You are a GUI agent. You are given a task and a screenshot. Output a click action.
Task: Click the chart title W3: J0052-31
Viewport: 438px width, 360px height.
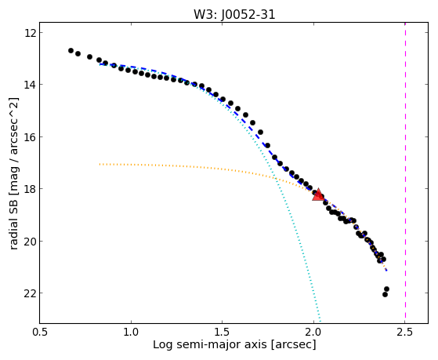[x=234, y=14]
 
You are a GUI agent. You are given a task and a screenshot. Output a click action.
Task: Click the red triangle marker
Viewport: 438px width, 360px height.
[x=318, y=195]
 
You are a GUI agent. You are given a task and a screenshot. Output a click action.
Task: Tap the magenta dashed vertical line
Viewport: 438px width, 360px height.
[x=405, y=173]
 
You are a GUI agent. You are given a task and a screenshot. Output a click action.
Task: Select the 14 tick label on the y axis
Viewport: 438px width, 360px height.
[x=29, y=85]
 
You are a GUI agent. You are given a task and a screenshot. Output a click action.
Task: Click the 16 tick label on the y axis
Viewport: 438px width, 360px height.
[x=29, y=137]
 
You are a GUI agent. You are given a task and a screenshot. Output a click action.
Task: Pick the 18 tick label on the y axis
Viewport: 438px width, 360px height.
[x=29, y=189]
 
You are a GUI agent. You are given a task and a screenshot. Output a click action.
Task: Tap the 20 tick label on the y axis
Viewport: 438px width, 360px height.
[x=29, y=241]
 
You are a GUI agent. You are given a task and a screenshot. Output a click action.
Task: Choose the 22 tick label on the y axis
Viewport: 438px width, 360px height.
[x=29, y=293]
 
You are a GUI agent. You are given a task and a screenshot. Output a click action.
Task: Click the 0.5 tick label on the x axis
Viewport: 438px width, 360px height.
[x=40, y=332]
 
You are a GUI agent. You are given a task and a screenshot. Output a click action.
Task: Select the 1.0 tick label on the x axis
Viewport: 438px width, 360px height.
[x=131, y=332]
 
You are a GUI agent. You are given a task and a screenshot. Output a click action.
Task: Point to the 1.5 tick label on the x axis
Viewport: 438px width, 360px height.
[x=222, y=332]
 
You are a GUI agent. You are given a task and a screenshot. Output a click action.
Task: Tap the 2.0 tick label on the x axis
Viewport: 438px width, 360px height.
[x=313, y=332]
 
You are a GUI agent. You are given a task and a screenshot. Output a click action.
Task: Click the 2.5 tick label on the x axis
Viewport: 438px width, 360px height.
[x=405, y=332]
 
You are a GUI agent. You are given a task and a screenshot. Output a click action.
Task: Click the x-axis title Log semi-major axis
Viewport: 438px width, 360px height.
[x=210, y=344]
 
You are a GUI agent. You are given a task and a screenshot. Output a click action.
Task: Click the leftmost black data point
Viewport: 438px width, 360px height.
[x=71, y=51]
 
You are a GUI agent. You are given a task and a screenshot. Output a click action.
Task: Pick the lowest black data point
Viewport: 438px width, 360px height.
[x=385, y=294]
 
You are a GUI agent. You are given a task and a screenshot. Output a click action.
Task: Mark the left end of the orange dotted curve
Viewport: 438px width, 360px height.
[x=100, y=164]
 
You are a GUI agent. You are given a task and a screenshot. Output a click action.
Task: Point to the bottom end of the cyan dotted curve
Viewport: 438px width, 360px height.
[x=320, y=322]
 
